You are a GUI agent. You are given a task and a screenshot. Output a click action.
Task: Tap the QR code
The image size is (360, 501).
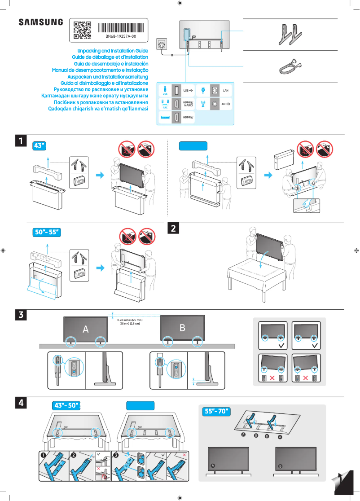point(82,30)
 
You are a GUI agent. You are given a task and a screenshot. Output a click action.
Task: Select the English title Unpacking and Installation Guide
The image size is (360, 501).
point(113,51)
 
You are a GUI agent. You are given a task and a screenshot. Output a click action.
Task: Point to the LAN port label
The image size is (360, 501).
point(226,90)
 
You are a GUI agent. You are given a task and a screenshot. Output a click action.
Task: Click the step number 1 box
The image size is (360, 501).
point(21,141)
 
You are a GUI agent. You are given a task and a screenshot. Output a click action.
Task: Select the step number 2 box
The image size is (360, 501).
point(173,228)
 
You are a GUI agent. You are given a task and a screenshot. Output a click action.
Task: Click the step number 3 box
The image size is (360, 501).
point(21,315)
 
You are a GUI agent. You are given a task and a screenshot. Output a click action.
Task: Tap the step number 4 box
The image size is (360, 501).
point(21,402)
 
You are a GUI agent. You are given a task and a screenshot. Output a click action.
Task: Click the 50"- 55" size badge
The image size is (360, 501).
point(47,232)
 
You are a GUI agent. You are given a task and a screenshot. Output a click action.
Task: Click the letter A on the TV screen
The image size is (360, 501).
point(86,329)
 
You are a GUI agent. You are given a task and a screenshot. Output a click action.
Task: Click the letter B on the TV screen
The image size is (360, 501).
point(182,328)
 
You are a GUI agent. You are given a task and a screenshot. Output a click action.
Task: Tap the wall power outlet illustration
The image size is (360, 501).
point(162,45)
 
